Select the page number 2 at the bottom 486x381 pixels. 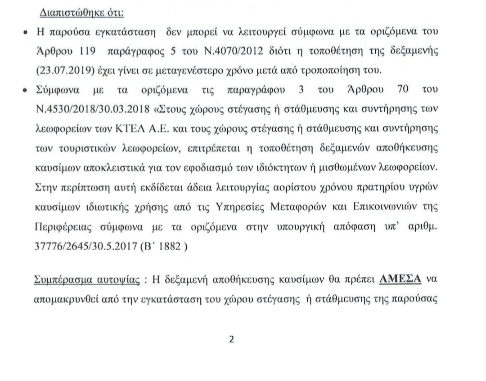coord(232,340)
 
